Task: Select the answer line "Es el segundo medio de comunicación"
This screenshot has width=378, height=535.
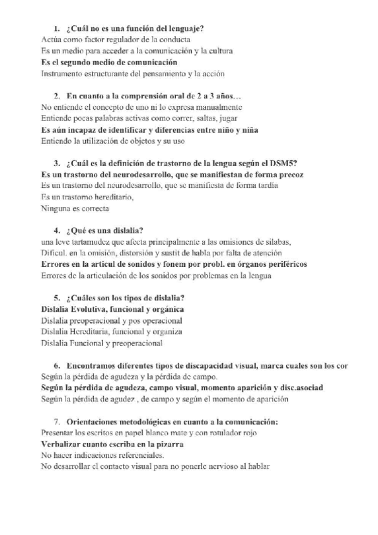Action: [x=109, y=62]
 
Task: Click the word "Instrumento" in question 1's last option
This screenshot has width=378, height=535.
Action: [x=62, y=74]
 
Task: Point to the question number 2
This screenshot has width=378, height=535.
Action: [x=56, y=96]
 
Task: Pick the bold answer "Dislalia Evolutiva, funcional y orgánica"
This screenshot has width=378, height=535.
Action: [x=112, y=309]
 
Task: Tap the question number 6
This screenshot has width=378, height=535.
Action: [x=56, y=365]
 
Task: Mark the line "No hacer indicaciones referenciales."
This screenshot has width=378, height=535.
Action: [x=102, y=455]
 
